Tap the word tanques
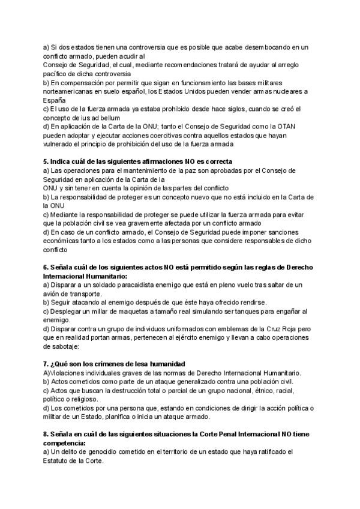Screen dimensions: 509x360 pyautogui.click(x=241, y=311)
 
